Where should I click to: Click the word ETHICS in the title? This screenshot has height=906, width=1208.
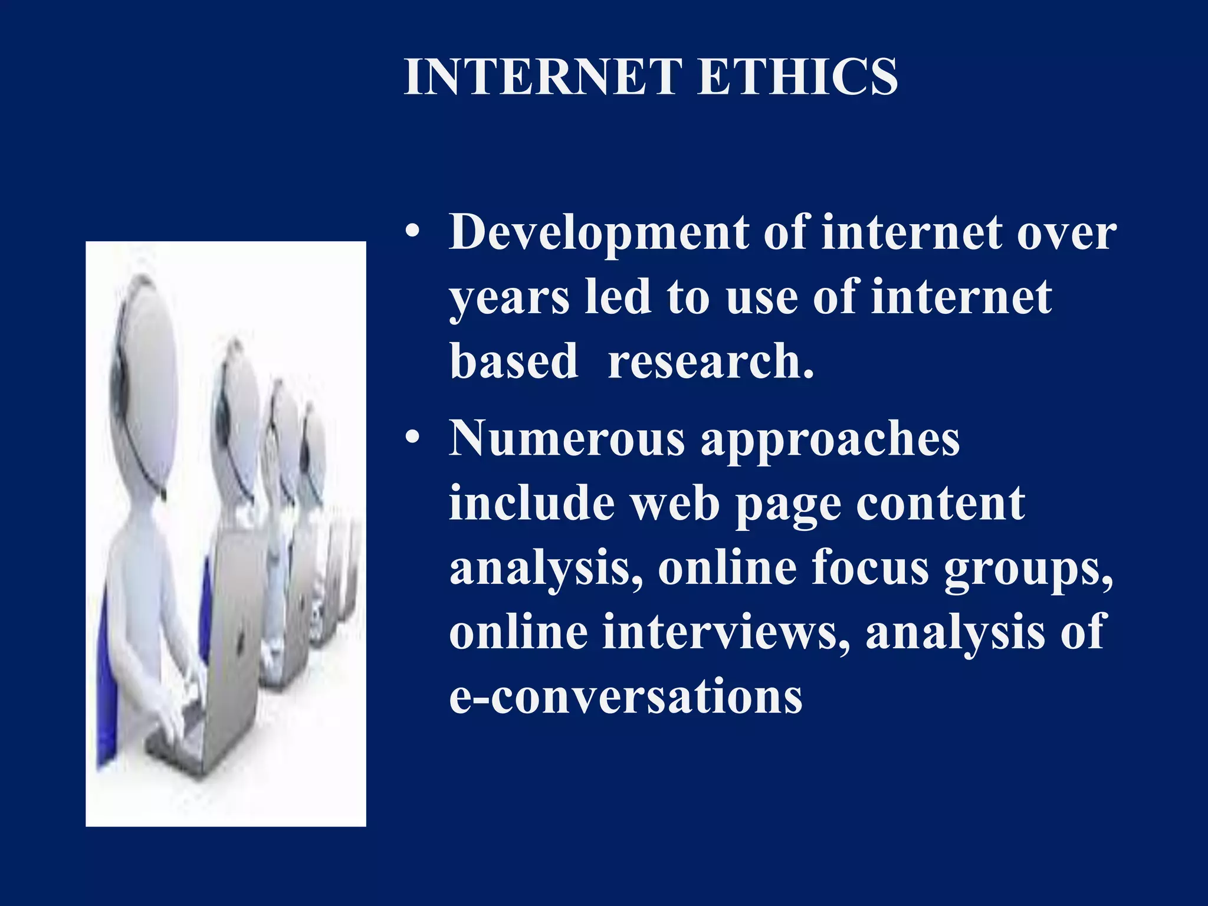click(797, 77)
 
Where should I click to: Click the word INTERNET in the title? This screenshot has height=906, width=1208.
click(543, 77)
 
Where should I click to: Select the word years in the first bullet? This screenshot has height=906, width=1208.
click(510, 297)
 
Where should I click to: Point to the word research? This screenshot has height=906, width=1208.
click(711, 361)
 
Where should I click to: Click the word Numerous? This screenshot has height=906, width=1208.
click(567, 439)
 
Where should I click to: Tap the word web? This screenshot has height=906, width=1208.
click(675, 504)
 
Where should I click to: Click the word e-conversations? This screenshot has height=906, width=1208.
click(626, 696)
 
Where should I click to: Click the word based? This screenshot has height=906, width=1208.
click(514, 361)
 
